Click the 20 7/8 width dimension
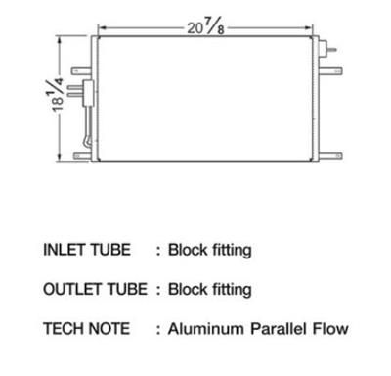[205, 27]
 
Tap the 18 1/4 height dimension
[58, 95]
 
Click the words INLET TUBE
[87, 250]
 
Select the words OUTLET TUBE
[95, 289]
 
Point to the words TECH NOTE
[87, 328]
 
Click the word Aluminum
[206, 329]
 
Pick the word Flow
[330, 329]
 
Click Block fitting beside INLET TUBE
[210, 251]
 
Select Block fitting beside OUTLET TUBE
[210, 290]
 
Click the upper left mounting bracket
[81, 70]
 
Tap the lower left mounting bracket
[83, 156]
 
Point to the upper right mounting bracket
[330, 70]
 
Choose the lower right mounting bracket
[330, 156]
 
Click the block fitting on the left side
[88, 93]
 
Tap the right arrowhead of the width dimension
[309, 28]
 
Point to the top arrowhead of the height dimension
[59, 40]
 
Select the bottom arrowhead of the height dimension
[59, 157]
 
